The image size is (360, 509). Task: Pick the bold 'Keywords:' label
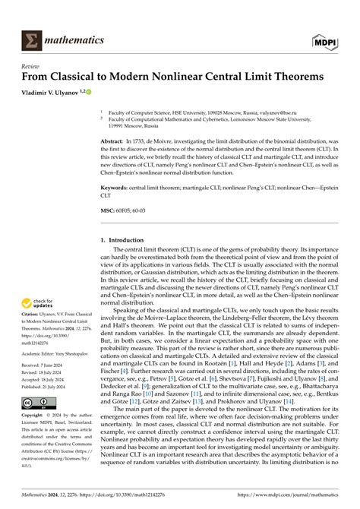pyautogui.click(x=119, y=186)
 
